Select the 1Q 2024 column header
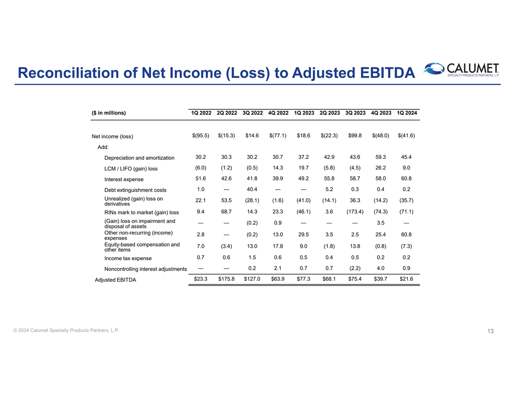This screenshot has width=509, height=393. click(407, 113)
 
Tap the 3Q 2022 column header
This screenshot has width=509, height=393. click(252, 113)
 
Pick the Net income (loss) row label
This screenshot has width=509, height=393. click(112, 136)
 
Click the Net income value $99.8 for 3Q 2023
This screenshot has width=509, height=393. click(356, 135)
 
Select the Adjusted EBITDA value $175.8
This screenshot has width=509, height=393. click(226, 279)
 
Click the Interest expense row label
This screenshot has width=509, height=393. click(123, 180)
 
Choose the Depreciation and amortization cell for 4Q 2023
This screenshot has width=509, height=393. click(381, 157)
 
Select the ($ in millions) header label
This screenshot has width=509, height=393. click(108, 113)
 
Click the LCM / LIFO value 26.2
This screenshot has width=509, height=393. click(381, 168)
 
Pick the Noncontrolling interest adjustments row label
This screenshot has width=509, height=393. click(146, 269)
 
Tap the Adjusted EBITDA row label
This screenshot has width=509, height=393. click(115, 280)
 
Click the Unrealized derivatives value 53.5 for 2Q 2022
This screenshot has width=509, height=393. click(226, 200)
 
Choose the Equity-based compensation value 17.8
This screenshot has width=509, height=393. click(278, 247)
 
